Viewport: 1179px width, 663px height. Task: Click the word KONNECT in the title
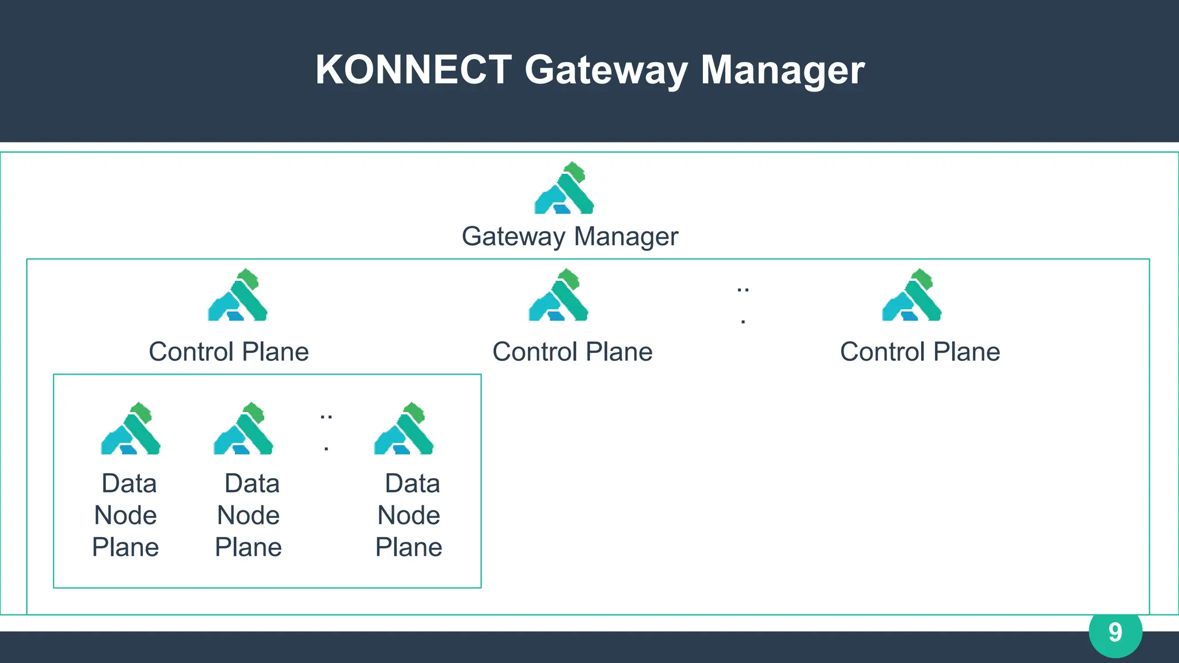click(x=413, y=70)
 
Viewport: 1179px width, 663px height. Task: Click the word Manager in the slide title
click(x=782, y=70)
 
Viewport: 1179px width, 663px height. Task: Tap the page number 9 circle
click(x=1115, y=632)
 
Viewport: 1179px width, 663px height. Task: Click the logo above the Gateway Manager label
click(x=564, y=189)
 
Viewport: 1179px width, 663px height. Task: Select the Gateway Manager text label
click(x=570, y=237)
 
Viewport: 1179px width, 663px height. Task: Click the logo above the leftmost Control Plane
click(x=238, y=295)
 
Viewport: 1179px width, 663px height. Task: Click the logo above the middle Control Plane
click(x=558, y=295)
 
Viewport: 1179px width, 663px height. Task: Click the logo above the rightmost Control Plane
click(x=912, y=295)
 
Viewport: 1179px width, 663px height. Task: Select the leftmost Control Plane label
click(x=229, y=352)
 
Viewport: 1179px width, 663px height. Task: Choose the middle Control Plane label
click(x=572, y=352)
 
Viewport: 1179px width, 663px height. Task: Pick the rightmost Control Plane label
click(x=920, y=352)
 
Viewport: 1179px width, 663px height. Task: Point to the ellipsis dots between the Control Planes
click(x=743, y=304)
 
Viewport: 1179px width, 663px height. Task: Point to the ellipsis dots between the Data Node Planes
click(x=326, y=431)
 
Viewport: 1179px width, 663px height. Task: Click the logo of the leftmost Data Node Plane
click(x=131, y=429)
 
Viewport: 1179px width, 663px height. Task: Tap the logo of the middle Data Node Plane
click(x=243, y=429)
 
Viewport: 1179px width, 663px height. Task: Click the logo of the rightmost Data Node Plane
click(x=404, y=429)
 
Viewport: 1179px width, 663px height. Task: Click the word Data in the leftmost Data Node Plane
click(x=129, y=483)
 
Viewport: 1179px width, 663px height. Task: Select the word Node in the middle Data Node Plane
click(x=248, y=515)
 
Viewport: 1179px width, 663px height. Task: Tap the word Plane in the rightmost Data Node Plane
click(x=409, y=547)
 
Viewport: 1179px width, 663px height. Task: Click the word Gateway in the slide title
click(x=606, y=70)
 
